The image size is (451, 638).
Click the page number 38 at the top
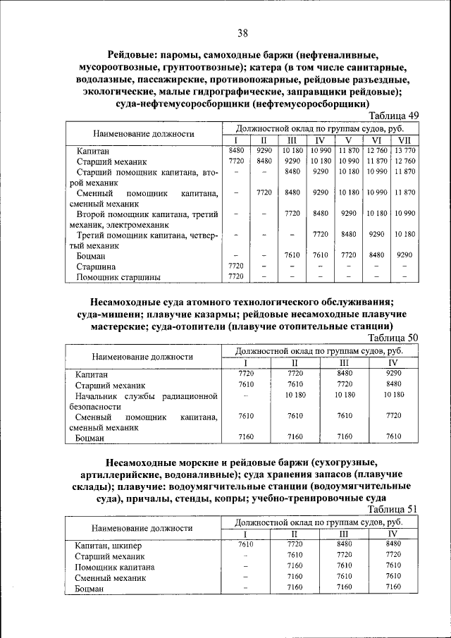242,33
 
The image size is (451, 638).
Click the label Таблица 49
395,116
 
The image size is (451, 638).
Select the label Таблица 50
395,338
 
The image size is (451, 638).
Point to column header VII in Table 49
405,140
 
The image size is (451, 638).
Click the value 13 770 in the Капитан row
405,150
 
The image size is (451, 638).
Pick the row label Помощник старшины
118,277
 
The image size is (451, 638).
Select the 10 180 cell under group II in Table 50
295,395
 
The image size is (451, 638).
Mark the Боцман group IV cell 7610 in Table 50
394,436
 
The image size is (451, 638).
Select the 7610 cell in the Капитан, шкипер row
246,544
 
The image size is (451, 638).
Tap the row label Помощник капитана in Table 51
115,567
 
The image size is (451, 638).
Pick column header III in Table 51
345,534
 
